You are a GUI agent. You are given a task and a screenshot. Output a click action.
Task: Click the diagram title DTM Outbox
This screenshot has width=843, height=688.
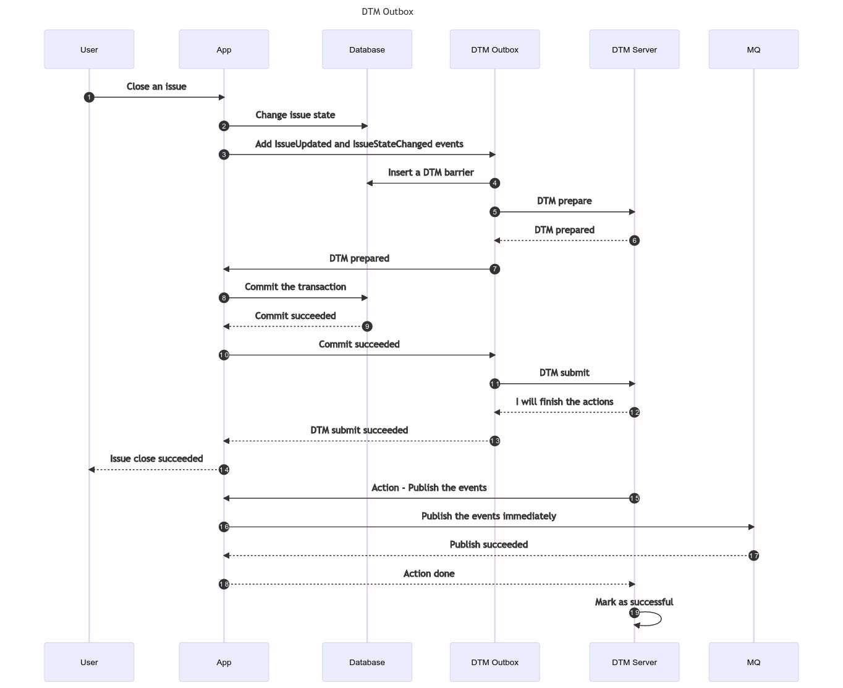[x=388, y=12]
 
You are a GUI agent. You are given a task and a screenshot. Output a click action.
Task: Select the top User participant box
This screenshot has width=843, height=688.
[x=89, y=49]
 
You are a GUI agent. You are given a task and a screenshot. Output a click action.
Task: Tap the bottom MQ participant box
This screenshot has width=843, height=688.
[x=753, y=662]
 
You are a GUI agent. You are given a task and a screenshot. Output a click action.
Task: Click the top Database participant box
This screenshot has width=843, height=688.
[x=366, y=49]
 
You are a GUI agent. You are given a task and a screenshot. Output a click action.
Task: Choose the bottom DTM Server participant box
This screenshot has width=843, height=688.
[x=634, y=662]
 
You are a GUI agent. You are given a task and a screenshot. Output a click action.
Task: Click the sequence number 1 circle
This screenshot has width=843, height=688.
[x=89, y=97]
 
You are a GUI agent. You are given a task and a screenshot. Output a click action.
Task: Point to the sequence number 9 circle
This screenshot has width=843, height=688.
[x=367, y=326]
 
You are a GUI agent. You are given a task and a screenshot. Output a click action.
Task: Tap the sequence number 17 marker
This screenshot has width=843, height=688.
[x=753, y=556]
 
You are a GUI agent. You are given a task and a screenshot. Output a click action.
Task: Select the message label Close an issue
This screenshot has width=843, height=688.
[x=156, y=87]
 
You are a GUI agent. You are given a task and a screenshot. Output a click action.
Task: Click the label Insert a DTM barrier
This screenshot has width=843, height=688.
[x=431, y=172]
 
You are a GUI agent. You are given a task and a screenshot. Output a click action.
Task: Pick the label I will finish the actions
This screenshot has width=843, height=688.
[x=564, y=402]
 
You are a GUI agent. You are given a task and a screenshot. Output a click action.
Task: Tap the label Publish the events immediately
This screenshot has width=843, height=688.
[x=488, y=516]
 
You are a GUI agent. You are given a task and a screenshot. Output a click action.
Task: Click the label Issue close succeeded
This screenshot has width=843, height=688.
[x=156, y=459]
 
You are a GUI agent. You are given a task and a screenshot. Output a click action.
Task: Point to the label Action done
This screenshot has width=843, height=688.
[x=429, y=574]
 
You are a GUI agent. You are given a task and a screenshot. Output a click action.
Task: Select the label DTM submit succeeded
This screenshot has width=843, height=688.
[x=359, y=430]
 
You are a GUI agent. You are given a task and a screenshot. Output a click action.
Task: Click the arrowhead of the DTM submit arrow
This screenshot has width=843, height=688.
[x=632, y=384]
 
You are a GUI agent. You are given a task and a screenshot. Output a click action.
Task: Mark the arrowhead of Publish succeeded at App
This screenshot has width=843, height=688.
[x=227, y=556]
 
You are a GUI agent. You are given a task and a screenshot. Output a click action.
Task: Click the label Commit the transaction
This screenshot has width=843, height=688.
[x=295, y=287]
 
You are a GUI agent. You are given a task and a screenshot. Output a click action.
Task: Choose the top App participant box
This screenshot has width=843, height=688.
[x=224, y=49]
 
